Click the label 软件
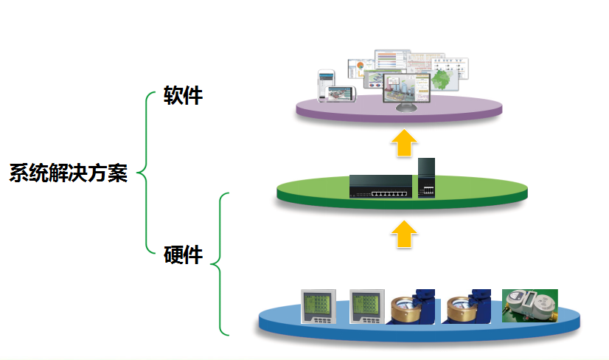183,95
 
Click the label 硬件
183,255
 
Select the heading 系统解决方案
68,173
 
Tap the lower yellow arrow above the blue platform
403,234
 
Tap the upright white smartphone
326,83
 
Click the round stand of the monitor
406,110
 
